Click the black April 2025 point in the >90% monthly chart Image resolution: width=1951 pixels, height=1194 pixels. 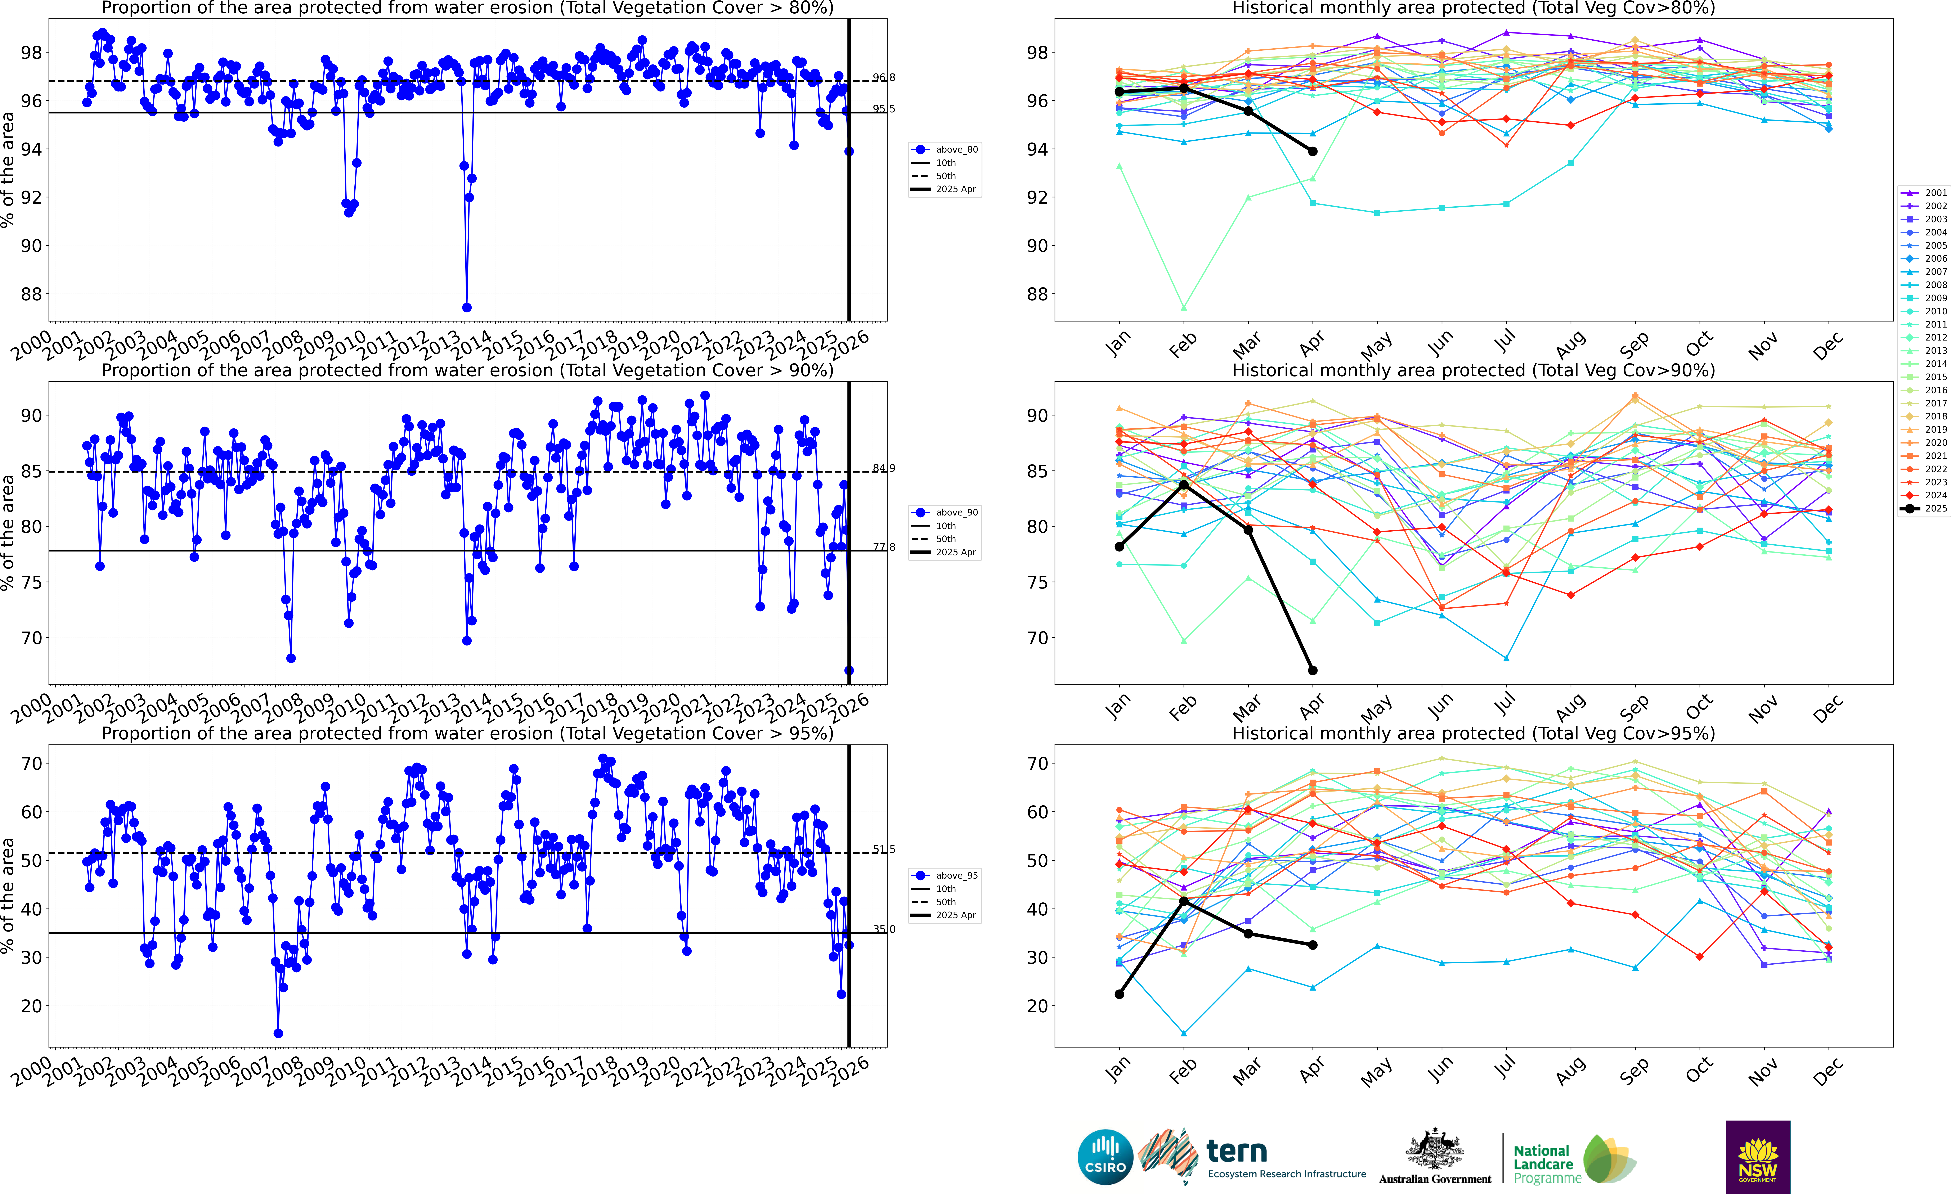[1313, 671]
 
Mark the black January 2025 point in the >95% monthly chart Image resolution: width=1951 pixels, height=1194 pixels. [1119, 995]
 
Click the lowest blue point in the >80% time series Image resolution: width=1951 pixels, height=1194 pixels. [467, 307]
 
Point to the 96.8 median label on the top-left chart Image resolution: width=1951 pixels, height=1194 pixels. [884, 78]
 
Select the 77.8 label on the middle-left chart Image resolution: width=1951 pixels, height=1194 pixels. [884, 547]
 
